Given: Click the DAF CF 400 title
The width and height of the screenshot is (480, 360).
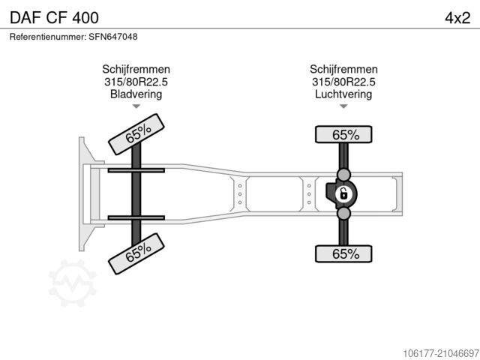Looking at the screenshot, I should [x=52, y=16].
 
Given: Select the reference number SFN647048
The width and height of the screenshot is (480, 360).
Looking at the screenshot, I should [x=73, y=36].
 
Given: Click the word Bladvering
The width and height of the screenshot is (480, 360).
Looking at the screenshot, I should [x=136, y=94].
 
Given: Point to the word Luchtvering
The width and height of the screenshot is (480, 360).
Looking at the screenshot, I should [x=343, y=94].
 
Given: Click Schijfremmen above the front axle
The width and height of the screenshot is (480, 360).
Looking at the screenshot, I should [x=136, y=69].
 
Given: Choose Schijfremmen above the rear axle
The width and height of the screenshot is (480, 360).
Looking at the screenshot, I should [x=343, y=69].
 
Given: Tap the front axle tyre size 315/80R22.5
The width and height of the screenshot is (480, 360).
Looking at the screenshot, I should [x=136, y=82].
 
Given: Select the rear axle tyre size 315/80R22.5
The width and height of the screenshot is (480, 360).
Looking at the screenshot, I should [x=343, y=82].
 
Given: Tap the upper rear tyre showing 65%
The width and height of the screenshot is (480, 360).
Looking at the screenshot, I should [x=344, y=135].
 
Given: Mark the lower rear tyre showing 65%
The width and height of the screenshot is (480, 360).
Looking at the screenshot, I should [x=344, y=253].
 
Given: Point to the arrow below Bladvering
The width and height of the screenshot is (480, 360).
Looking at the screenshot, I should [x=136, y=106].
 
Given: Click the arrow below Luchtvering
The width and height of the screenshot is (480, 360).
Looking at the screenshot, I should [x=343, y=106].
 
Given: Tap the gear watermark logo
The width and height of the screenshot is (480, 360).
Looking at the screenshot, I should [x=72, y=282].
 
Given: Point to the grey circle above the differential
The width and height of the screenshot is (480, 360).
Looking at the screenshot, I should [x=343, y=174].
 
